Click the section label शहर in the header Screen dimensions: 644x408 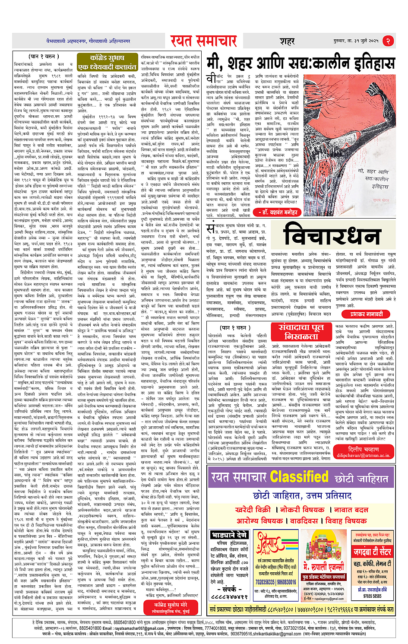[287, 41]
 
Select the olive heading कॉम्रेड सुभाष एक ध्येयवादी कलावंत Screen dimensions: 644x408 [107, 63]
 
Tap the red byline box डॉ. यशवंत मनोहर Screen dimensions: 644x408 [278, 212]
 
